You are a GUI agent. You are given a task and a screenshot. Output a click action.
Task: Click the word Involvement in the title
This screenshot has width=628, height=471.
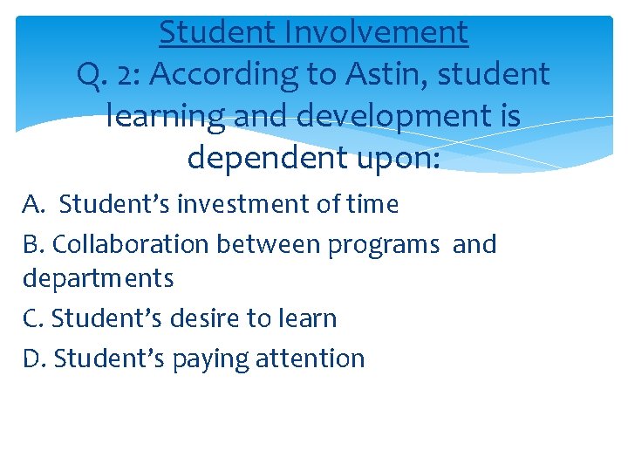375,33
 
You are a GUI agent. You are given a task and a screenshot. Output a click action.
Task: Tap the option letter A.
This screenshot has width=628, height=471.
32,204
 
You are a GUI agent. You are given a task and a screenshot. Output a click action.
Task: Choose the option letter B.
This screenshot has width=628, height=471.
32,244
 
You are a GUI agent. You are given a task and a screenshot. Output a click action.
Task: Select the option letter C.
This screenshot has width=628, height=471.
32,318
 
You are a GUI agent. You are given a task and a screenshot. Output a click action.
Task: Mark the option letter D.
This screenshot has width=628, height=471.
33,358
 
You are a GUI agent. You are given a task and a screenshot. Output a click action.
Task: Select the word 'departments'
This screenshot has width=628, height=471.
98,280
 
